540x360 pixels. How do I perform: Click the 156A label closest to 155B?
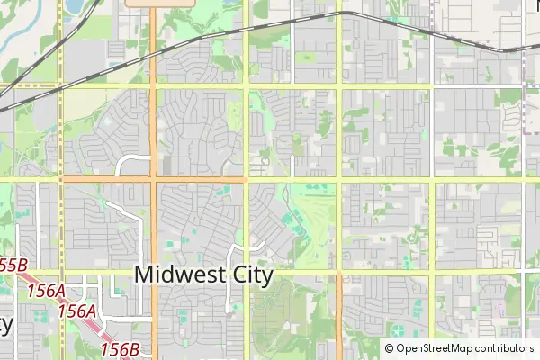pos(46,291)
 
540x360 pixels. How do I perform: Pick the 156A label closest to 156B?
pos(77,310)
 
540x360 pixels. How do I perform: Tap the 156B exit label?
pos(119,348)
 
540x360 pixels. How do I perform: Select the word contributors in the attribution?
pos(503,348)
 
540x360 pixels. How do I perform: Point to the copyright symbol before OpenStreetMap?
pos(389,348)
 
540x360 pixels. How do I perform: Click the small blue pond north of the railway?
pos(71,7)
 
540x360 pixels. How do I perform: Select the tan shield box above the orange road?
pos(161,3)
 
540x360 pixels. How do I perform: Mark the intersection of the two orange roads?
pos(153,179)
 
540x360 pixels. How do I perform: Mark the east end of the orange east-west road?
pos(245,179)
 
